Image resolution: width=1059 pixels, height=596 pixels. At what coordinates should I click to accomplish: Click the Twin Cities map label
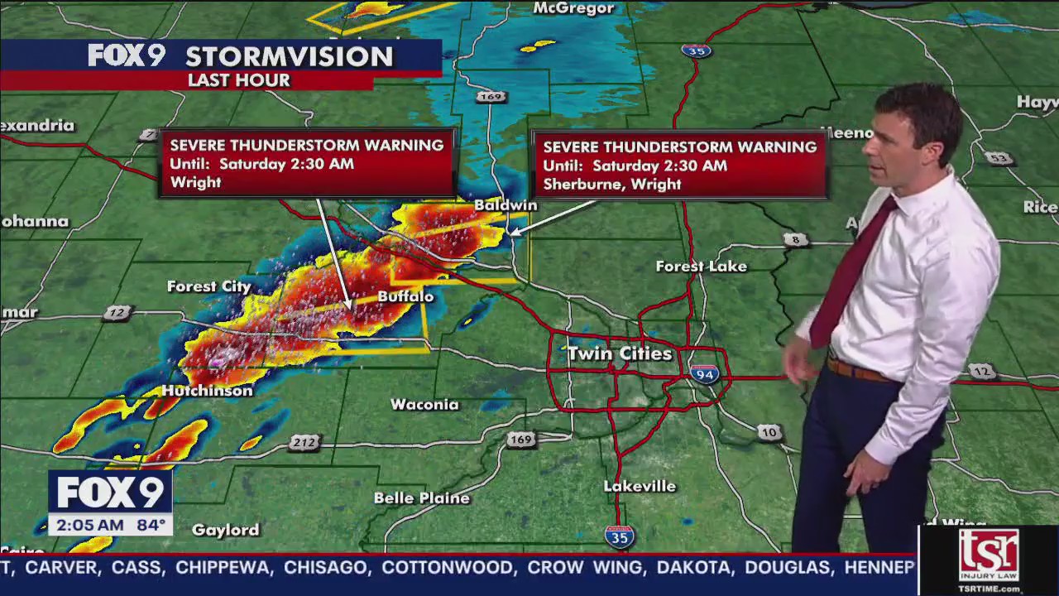620,353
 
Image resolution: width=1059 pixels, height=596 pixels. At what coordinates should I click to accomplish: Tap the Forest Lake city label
701,267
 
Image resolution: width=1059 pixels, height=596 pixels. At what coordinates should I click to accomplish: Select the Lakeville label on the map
640,486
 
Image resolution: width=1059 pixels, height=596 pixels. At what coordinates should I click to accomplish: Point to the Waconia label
424,405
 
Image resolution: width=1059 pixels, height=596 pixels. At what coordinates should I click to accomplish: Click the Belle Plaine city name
422,498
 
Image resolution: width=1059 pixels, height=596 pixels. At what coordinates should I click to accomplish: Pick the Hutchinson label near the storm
207,391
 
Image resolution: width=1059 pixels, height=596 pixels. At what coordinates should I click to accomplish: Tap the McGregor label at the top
573,8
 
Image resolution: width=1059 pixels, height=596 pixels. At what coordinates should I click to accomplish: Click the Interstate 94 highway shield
704,374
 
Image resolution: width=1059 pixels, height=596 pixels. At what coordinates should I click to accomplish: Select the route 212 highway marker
304,443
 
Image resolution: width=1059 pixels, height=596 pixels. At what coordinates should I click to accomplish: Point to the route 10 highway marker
769,432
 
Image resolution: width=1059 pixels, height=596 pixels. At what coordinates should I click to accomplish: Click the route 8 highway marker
795,240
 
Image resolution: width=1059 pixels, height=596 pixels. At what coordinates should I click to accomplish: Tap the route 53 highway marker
999,158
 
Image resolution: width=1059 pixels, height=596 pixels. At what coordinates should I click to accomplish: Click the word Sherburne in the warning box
579,184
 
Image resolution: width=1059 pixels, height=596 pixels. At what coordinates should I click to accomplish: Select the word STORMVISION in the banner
289,57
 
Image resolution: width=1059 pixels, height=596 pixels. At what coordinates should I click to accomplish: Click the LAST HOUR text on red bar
238,80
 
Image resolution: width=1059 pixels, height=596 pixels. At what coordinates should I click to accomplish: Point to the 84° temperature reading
150,525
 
